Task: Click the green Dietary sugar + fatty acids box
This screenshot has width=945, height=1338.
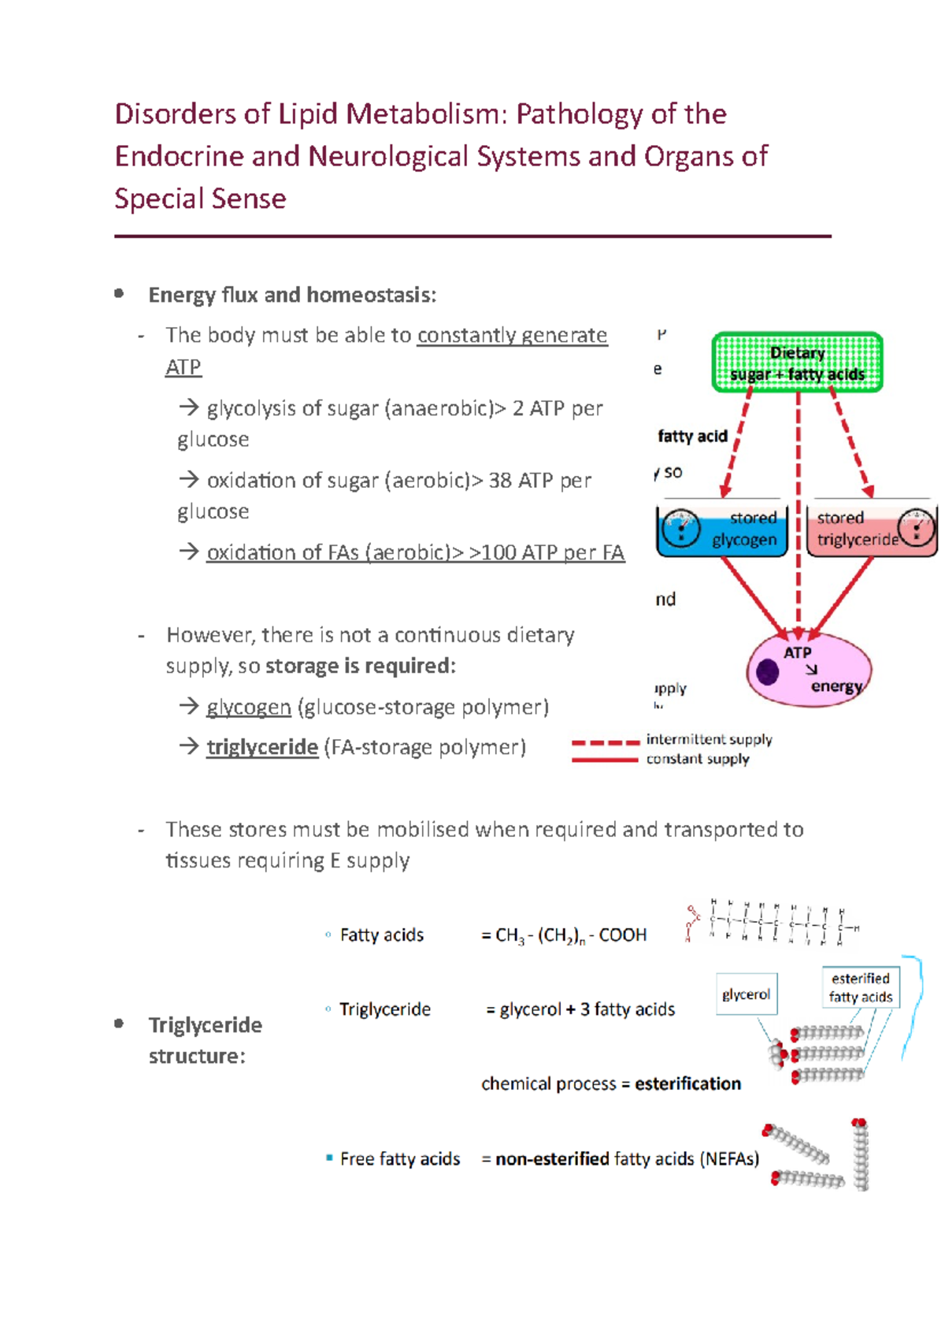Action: pos(797,362)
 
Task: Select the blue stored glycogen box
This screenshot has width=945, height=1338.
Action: pos(721,530)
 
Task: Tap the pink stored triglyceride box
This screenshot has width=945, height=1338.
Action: pos(871,530)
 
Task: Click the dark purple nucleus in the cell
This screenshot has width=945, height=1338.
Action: pos(767,672)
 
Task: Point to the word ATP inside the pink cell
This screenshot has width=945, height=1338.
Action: pos(797,652)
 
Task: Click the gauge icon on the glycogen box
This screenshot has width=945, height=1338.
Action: pos(680,528)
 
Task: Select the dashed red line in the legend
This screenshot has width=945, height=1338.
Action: pos(605,742)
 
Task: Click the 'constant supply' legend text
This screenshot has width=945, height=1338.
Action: pos(698,759)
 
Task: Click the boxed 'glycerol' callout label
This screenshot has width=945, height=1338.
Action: pos(746,994)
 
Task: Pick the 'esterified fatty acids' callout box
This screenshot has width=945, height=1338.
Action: pos(860,987)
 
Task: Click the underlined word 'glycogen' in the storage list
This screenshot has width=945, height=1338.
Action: pos(248,707)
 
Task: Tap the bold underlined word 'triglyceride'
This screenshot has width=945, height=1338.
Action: pos(262,747)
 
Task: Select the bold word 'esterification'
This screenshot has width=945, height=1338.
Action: pos(687,1084)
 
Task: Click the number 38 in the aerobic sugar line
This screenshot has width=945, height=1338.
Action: pos(500,481)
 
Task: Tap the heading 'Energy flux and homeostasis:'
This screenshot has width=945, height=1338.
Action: pos(292,295)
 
